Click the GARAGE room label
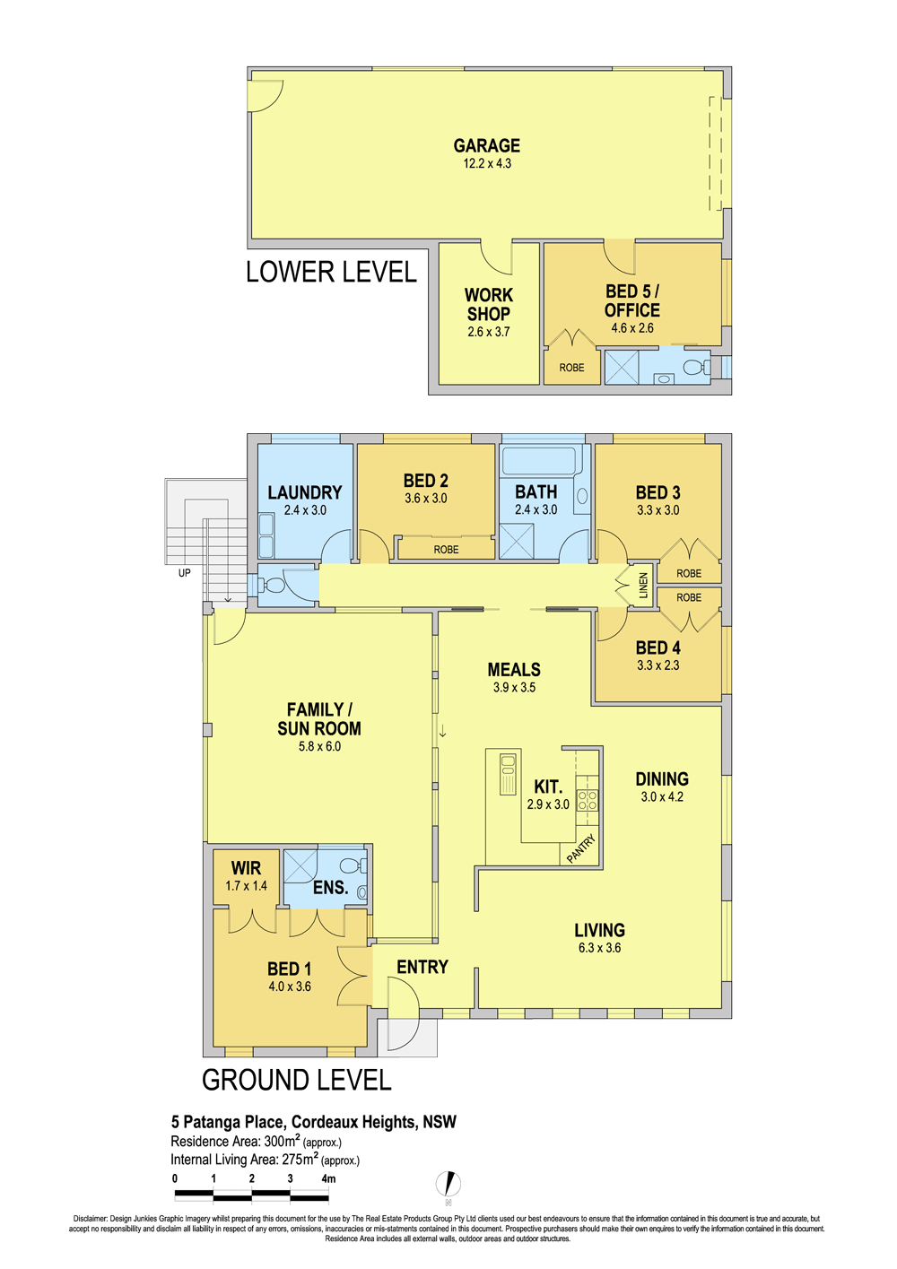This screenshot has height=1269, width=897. pos(486,145)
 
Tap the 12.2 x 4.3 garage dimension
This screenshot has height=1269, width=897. pos(487,164)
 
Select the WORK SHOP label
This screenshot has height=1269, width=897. pos(489,304)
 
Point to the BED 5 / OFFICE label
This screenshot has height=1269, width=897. pos(631,300)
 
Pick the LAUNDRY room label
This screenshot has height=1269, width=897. pos(305,492)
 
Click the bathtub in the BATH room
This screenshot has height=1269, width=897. pos(539,461)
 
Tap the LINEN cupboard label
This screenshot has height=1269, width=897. pos(643,586)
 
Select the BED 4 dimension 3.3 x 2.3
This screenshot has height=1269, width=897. pos(658,665)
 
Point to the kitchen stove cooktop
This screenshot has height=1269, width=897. pos(587,801)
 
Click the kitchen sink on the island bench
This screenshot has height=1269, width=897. pos(508,773)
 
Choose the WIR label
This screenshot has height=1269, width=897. pos(246,868)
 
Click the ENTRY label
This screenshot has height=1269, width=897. pos(422,967)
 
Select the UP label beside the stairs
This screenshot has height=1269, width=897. pos(184,573)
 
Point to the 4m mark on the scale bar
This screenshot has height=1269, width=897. pos(328,1178)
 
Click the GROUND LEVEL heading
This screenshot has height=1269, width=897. pos(296,1081)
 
